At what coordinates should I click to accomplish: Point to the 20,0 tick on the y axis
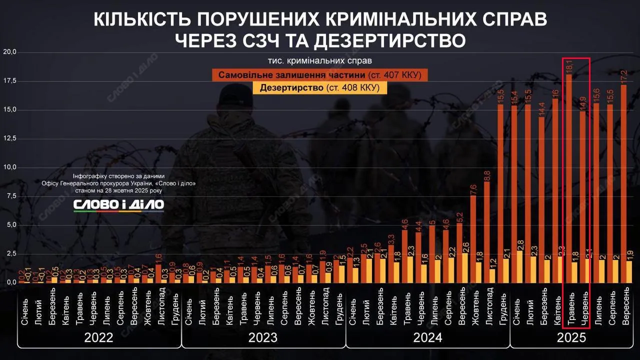[x=10, y=52]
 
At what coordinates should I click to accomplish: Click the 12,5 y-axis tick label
[x=10, y=138]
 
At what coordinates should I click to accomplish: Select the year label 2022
[x=98, y=337]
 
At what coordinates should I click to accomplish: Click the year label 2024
[x=427, y=337]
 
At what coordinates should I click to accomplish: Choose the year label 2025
[x=571, y=337]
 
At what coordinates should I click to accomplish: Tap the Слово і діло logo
[x=118, y=205]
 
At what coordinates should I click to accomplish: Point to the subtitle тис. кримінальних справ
[x=320, y=61]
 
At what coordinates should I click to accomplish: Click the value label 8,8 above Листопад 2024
[x=487, y=176]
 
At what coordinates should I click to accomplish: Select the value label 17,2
[x=623, y=77]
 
